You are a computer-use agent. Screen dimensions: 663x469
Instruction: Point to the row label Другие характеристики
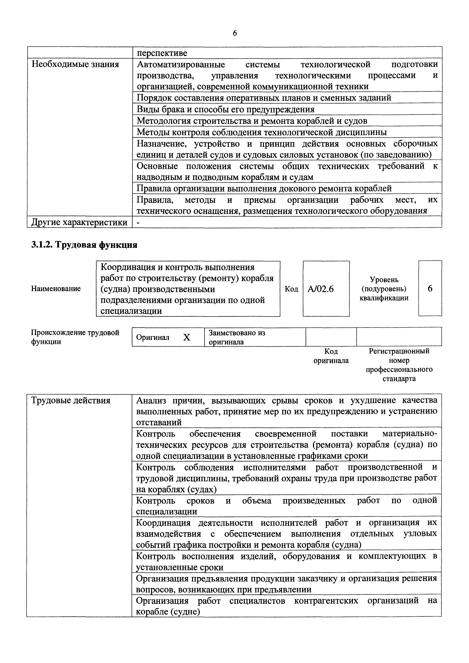79,222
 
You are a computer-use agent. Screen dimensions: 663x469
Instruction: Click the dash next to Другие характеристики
138,222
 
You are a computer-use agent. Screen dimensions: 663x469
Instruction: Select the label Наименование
56,288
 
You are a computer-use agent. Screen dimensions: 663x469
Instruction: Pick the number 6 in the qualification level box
430,288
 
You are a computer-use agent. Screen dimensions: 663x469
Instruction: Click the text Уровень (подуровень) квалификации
384,289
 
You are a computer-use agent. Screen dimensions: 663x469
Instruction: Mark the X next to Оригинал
187,337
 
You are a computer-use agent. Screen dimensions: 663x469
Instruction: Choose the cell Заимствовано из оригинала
237,337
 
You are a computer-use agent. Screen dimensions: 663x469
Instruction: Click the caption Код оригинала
331,356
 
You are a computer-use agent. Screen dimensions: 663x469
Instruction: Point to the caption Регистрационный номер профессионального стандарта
399,365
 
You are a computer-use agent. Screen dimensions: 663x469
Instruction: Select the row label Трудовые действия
71,401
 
